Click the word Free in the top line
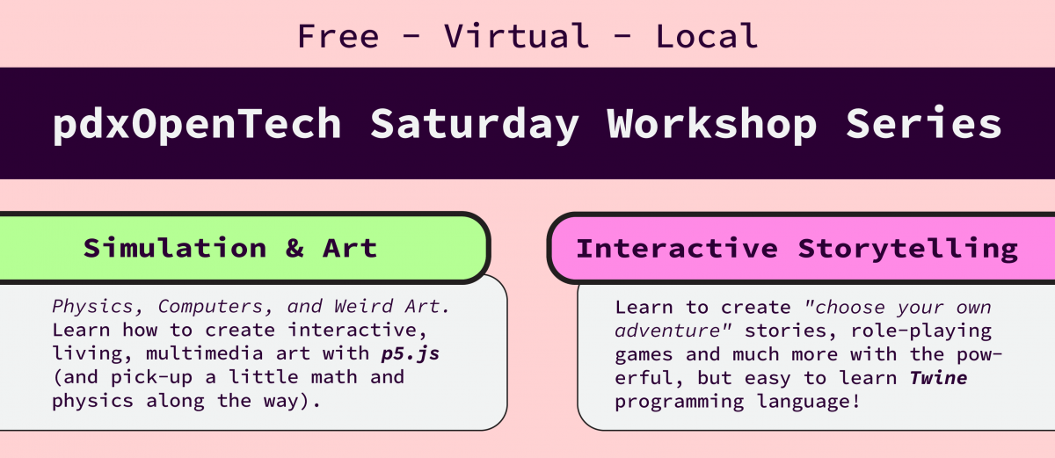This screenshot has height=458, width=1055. [x=338, y=36]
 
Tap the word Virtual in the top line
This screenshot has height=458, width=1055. [x=517, y=36]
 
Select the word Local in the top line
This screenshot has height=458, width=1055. [x=707, y=36]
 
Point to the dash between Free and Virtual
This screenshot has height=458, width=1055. [x=411, y=37]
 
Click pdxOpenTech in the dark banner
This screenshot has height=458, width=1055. [x=197, y=124]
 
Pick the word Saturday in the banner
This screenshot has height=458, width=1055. [x=474, y=124]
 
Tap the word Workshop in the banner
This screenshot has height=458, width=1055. [x=711, y=123]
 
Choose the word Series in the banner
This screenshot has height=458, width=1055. [x=924, y=122]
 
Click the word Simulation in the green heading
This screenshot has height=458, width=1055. [x=175, y=248]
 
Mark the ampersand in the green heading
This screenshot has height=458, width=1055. [x=295, y=248]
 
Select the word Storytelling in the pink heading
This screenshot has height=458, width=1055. [x=908, y=249]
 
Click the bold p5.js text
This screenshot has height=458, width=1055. [x=411, y=354]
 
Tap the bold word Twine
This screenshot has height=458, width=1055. [x=938, y=377]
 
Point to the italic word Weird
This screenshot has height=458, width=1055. [x=363, y=307]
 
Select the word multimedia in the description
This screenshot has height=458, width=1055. [x=204, y=353]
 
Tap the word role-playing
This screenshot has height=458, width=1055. [x=921, y=331]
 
